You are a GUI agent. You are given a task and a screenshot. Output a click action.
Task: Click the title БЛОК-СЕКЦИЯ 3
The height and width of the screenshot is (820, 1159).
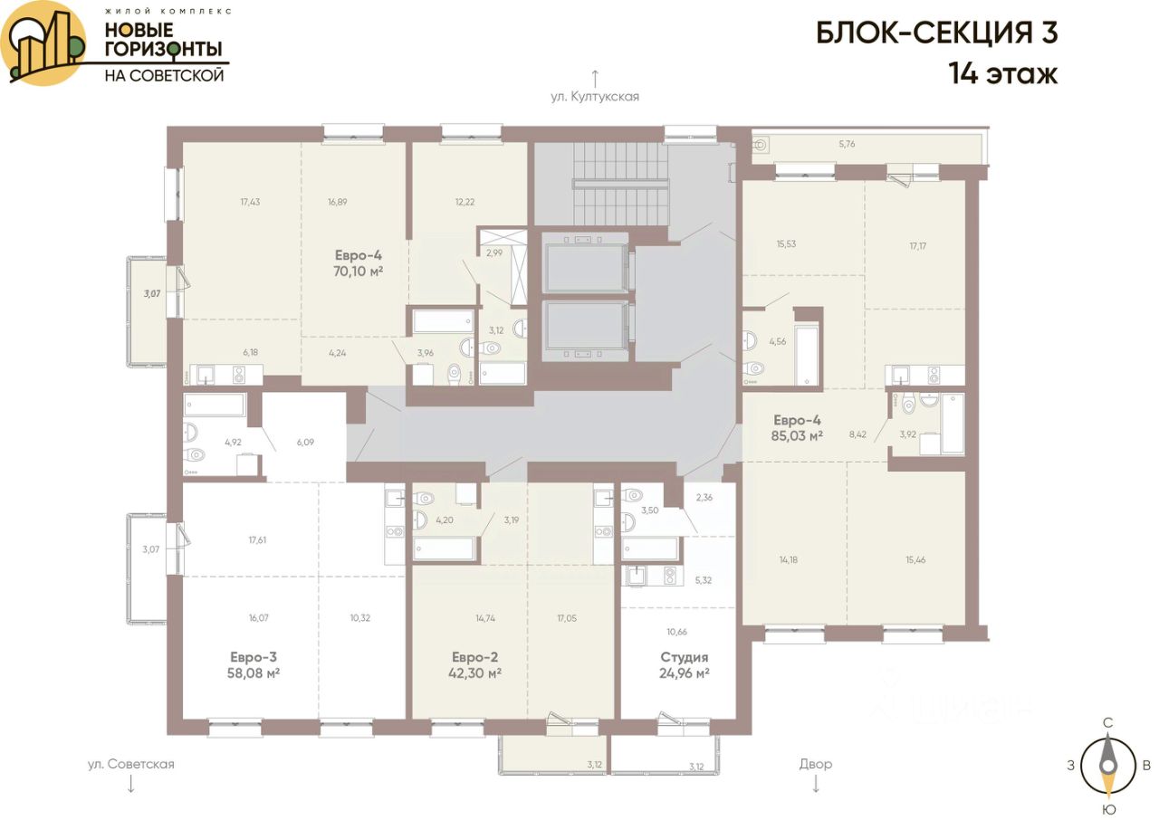(937, 33)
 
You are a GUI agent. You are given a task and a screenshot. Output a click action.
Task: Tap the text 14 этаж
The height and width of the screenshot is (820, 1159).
(1002, 74)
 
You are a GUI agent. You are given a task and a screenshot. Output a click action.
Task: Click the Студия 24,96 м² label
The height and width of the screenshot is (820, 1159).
(684, 665)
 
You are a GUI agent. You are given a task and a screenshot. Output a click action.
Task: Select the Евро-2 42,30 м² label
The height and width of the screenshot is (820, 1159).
(474, 665)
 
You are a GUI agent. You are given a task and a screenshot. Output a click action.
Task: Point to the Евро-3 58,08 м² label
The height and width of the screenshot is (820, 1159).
(254, 665)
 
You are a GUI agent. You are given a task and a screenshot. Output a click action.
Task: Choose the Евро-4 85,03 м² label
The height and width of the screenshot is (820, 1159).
(797, 427)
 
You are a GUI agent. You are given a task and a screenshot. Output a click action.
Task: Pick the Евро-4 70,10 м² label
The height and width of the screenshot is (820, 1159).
(358, 263)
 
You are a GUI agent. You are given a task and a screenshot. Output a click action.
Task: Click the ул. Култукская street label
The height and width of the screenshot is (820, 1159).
(595, 97)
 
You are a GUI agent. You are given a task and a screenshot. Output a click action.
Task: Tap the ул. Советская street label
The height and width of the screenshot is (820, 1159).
(131, 764)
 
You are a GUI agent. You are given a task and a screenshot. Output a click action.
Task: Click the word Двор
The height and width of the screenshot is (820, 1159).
(816, 764)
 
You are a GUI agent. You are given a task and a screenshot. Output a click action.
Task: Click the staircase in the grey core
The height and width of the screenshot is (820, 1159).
(620, 184)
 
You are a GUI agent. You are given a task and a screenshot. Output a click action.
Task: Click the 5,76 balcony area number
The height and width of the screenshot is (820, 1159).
(847, 144)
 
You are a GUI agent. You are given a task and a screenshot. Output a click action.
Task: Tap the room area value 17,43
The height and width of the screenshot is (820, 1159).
(250, 202)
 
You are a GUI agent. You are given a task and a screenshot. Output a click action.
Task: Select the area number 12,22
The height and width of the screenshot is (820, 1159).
(465, 202)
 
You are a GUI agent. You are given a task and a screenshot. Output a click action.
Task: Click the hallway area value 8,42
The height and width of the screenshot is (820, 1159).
(857, 434)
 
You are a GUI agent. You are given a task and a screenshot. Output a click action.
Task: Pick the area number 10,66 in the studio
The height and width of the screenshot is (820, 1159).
(676, 632)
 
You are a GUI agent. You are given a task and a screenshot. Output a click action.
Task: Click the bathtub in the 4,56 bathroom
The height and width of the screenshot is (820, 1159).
(807, 355)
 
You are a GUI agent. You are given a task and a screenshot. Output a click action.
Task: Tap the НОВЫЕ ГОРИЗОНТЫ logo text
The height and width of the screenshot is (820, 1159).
(164, 40)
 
